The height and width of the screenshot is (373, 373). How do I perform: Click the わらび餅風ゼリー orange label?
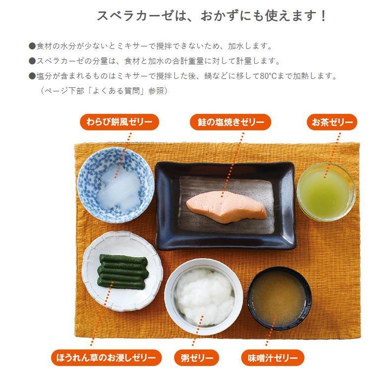119,122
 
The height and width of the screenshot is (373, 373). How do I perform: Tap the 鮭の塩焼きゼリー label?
231,122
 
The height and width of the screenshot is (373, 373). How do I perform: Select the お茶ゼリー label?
332,122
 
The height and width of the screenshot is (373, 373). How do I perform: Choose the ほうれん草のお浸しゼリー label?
106,358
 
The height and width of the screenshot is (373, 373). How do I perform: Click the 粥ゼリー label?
197,358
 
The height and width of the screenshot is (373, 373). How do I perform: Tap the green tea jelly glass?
326,192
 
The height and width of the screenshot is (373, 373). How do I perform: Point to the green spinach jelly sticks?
122,271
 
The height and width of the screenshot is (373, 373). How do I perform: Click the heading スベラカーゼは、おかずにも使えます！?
212,16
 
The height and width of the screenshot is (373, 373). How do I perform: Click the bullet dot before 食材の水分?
32,46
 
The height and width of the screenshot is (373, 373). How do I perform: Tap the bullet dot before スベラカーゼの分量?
32,61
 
